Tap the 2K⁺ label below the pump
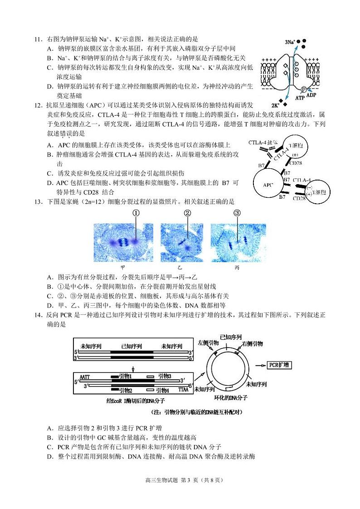click(x=276, y=103)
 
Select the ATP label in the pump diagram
click(x=300, y=98)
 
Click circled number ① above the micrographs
click(x=135, y=213)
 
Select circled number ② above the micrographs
click(x=187, y=213)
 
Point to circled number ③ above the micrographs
click(x=237, y=213)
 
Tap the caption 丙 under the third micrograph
click(x=237, y=267)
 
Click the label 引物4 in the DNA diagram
click(x=163, y=390)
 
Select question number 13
click(x=38, y=201)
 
